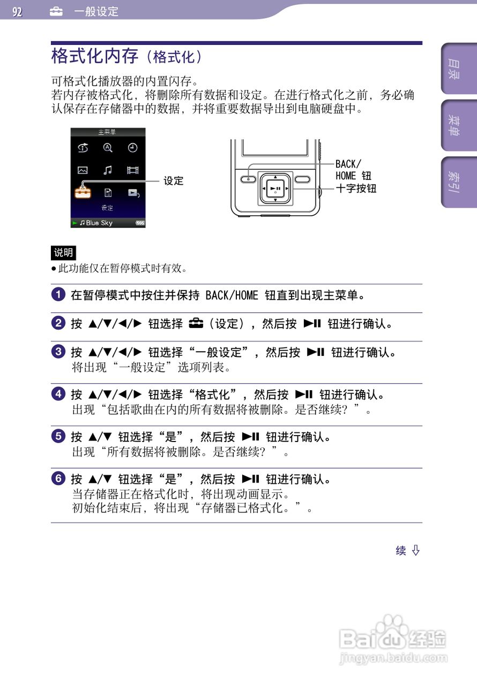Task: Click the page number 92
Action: pyautogui.click(x=18, y=12)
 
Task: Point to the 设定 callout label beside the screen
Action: pyautogui.click(x=173, y=181)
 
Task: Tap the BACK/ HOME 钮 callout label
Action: pyautogui.click(x=353, y=170)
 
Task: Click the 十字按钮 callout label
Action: pyautogui.click(x=356, y=188)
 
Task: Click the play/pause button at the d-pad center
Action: pyautogui.click(x=275, y=188)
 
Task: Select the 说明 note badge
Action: pyautogui.click(x=63, y=253)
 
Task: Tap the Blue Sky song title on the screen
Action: pyautogui.click(x=99, y=223)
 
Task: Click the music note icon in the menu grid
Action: pyautogui.click(x=108, y=170)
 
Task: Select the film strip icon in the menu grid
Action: pyautogui.click(x=132, y=170)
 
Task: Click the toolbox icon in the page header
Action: pyautogui.click(x=56, y=12)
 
